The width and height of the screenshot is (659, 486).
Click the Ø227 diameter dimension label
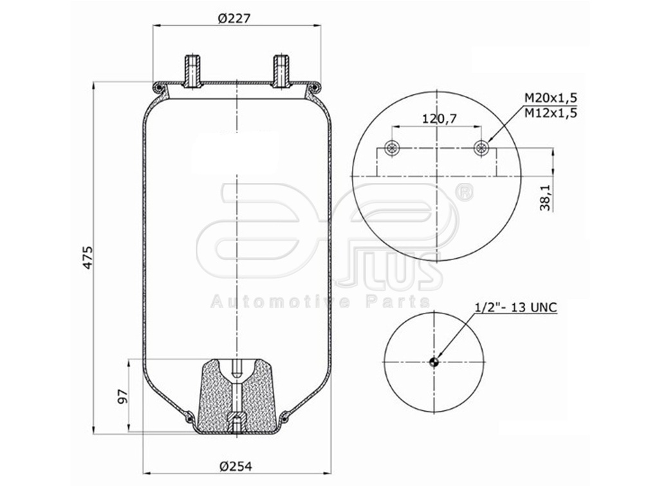(234, 19)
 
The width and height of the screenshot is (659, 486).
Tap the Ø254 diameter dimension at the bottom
(234, 467)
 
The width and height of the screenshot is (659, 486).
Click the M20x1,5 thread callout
(550, 97)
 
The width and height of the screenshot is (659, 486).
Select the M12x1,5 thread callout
(550, 112)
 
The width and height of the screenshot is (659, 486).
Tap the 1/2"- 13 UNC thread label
(515, 307)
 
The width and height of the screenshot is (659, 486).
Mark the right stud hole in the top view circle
(481, 148)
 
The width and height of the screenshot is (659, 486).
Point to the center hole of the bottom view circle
(434, 361)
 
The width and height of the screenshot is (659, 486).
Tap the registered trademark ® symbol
(464, 191)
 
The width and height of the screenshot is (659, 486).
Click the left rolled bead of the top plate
(158, 86)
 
